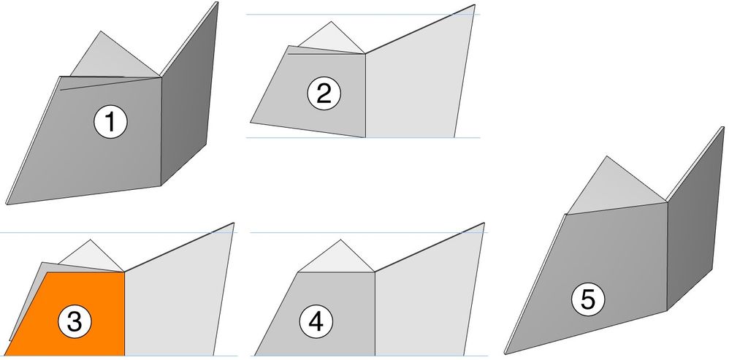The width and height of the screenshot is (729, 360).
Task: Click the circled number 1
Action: click(x=110, y=123)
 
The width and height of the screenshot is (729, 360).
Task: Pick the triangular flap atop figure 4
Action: click(x=336, y=259)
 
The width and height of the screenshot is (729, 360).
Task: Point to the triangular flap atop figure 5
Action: click(x=610, y=186)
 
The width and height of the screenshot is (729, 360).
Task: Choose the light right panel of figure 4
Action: click(x=424, y=299)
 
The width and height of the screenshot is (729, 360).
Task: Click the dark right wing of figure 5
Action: click(x=694, y=226)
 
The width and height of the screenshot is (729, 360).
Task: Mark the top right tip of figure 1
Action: click(x=217, y=3)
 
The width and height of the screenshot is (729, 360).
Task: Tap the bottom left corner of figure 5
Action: click(x=505, y=351)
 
